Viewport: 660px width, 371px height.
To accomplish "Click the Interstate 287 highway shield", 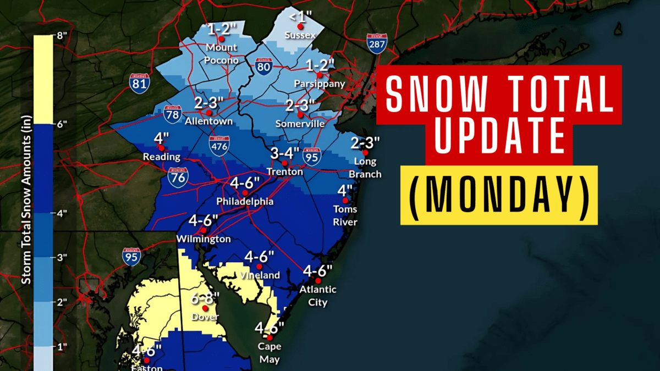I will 377,44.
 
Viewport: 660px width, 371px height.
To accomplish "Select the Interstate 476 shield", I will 219,146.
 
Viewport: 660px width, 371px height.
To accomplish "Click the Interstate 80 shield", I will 263,67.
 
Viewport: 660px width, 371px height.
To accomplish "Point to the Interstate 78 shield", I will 173,113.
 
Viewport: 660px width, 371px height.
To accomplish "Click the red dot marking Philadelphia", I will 245,193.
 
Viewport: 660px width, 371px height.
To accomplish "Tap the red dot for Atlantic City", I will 318,281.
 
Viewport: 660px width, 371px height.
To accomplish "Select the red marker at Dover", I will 205,308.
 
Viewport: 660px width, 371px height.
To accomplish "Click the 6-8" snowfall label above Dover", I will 205,299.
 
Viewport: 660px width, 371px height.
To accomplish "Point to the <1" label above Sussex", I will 300,17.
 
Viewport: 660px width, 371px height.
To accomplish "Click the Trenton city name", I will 285,172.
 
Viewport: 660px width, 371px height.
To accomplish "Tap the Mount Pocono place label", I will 223,54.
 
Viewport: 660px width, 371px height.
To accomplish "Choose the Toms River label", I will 345,215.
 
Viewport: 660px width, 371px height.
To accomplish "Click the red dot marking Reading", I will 161,147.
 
